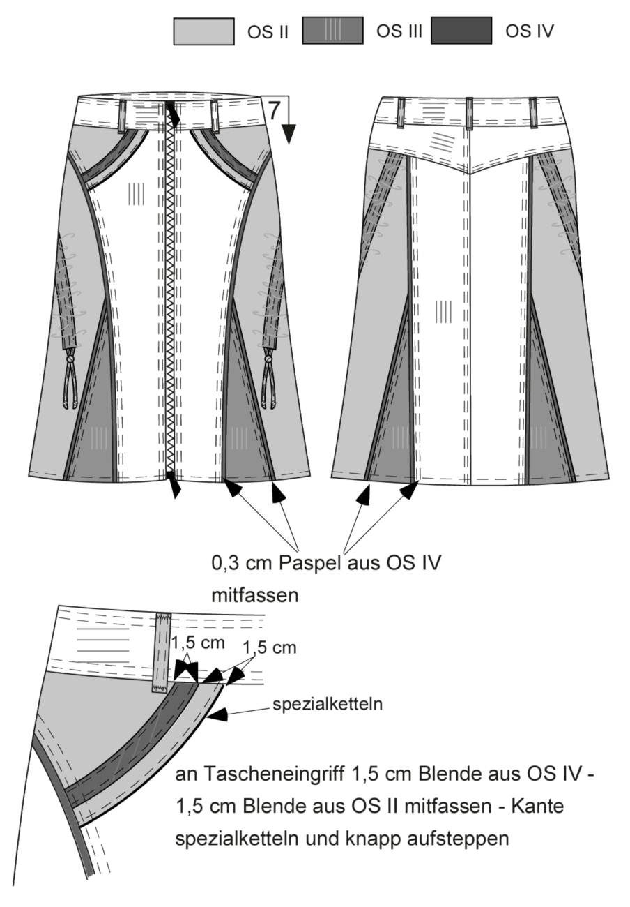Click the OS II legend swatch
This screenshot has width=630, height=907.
click(203, 31)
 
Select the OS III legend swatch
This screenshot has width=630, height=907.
click(332, 31)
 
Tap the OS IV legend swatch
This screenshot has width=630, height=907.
click(461, 31)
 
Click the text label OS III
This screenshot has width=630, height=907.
click(399, 31)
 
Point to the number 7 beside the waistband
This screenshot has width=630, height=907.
click(274, 110)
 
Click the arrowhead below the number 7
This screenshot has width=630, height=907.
click(289, 135)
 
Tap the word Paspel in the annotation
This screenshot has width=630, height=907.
click(305, 564)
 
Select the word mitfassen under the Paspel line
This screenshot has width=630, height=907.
click(255, 595)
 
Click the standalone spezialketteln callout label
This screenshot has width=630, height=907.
click(327, 704)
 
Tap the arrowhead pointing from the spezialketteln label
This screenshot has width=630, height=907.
click(218, 714)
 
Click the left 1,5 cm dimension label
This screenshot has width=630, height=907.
click(198, 643)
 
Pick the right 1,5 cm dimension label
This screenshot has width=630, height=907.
click(270, 648)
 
